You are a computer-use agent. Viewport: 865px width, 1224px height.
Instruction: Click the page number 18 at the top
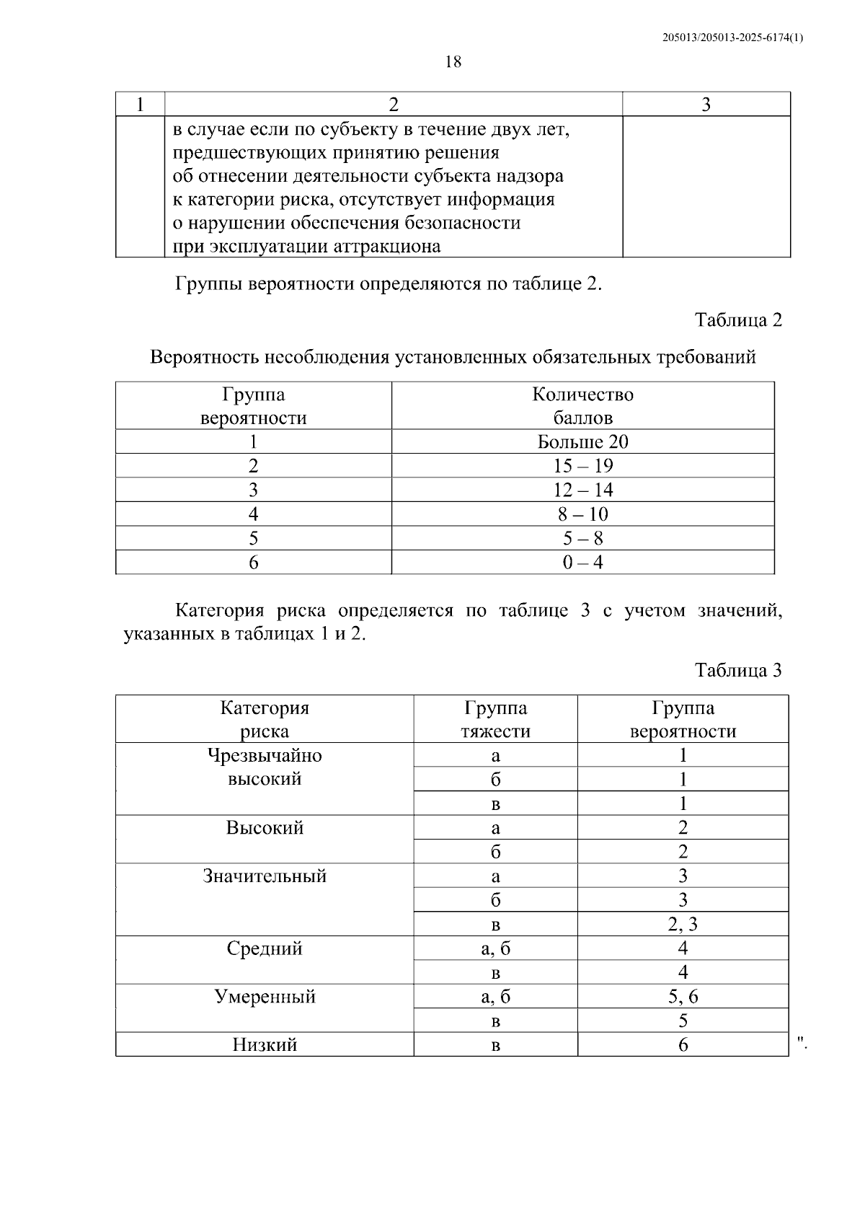(x=453, y=62)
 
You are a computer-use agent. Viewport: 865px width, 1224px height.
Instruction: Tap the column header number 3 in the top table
(x=706, y=105)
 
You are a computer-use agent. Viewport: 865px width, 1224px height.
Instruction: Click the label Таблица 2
(x=738, y=320)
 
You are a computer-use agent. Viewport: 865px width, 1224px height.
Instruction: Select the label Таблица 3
(x=738, y=670)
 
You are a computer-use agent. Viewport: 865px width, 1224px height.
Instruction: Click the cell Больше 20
(x=582, y=441)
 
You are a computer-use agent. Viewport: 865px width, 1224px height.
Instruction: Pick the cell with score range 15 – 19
(x=582, y=466)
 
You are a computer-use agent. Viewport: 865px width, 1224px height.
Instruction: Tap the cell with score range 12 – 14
(x=582, y=490)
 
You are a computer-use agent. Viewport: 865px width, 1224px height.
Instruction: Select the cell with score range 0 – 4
(x=582, y=563)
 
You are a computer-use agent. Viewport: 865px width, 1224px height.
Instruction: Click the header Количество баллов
(x=582, y=406)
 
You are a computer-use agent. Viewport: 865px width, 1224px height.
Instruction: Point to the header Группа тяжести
(x=495, y=719)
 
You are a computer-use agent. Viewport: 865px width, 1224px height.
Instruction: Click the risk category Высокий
(x=265, y=827)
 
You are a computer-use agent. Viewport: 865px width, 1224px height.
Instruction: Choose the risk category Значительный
(x=265, y=876)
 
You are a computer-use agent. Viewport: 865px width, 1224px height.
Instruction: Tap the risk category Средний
(x=265, y=948)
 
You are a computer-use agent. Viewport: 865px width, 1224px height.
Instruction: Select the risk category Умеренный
(x=265, y=997)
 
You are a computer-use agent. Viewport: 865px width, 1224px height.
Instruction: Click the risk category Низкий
(x=265, y=1045)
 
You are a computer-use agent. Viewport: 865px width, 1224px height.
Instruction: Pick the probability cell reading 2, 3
(x=683, y=925)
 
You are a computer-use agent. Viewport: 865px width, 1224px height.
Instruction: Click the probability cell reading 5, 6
(x=683, y=997)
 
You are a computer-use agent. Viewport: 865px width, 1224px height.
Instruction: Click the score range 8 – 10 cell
(x=582, y=514)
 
